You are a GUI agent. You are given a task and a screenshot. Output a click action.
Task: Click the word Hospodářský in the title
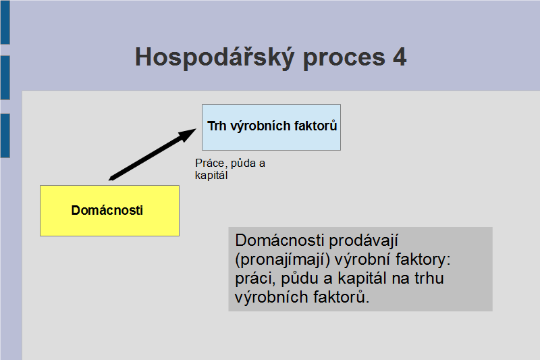[215, 57]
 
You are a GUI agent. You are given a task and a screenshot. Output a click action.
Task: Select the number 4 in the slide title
[400, 57]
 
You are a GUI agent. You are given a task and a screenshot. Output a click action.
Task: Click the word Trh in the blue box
[217, 126]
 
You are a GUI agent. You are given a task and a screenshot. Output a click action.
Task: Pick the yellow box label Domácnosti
[107, 210]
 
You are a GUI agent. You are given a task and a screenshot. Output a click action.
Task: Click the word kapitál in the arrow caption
[211, 176]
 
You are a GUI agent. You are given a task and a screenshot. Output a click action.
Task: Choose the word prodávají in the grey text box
[364, 241]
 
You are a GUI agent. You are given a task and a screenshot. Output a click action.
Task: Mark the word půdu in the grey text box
[300, 278]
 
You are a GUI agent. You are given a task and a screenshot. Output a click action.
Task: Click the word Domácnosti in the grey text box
[279, 240]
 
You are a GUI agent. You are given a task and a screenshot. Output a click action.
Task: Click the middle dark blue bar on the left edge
[5, 78]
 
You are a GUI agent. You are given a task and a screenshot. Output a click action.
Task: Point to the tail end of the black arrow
[109, 179]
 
